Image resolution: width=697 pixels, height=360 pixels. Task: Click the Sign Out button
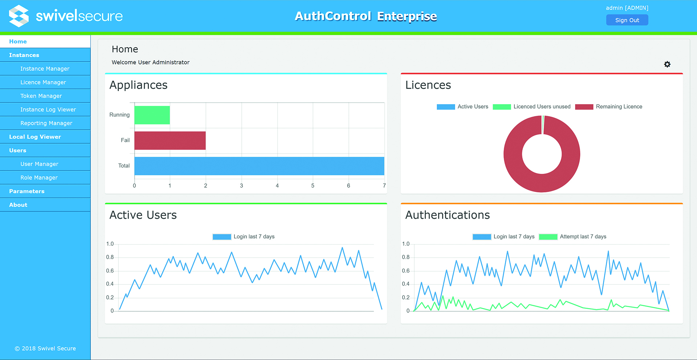(x=627, y=20)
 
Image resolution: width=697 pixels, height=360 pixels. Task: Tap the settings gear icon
(x=667, y=64)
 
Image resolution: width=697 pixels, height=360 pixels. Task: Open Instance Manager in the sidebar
(x=45, y=69)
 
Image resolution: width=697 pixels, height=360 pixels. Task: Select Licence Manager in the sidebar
(x=43, y=82)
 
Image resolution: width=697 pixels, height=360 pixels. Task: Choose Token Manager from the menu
(x=41, y=96)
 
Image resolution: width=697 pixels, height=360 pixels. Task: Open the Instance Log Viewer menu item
(x=48, y=110)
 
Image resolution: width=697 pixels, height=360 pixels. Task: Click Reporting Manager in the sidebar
(x=46, y=123)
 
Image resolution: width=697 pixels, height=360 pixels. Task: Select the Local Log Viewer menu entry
(x=35, y=137)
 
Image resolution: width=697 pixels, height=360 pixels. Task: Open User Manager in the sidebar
(x=39, y=164)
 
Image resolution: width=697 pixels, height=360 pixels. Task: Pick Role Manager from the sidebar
(x=39, y=177)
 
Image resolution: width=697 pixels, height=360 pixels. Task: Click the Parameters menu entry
(x=27, y=191)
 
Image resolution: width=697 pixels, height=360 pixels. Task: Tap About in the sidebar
(x=18, y=205)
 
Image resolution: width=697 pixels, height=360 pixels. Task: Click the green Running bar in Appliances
(x=152, y=115)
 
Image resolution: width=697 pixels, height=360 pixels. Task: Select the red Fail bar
(x=170, y=140)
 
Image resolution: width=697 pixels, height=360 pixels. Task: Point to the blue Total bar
(x=259, y=166)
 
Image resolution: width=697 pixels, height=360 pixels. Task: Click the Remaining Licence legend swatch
(x=584, y=107)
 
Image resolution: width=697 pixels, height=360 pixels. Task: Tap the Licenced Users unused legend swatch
(x=502, y=107)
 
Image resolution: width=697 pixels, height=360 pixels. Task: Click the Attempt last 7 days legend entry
(x=573, y=237)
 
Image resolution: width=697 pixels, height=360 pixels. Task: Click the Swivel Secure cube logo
(x=19, y=16)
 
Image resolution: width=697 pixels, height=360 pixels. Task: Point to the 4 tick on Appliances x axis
(x=277, y=186)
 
